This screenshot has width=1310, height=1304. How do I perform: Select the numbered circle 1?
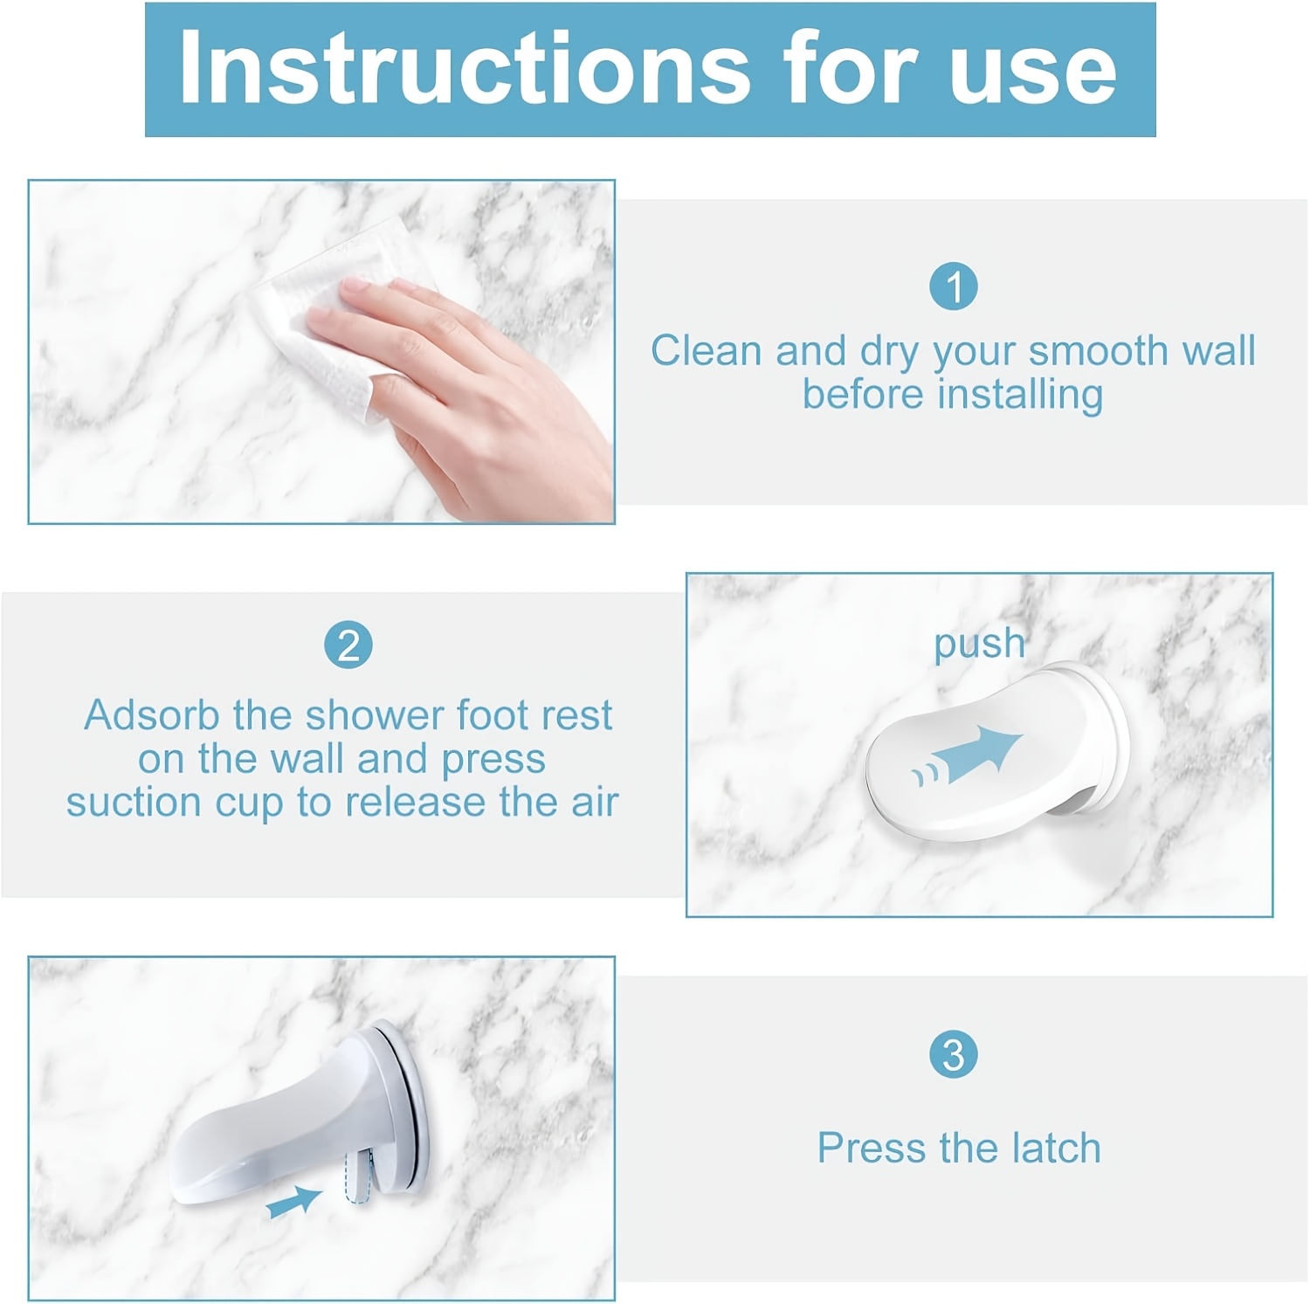tap(953, 286)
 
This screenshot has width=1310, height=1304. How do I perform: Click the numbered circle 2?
tap(348, 646)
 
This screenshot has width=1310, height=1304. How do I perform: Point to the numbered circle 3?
tap(953, 1055)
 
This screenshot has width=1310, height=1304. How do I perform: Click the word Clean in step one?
tap(707, 351)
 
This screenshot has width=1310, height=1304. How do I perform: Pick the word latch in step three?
tap(1056, 1149)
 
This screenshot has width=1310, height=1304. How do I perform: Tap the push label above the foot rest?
tap(979, 645)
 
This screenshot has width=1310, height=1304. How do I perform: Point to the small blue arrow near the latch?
tap(293, 1203)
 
